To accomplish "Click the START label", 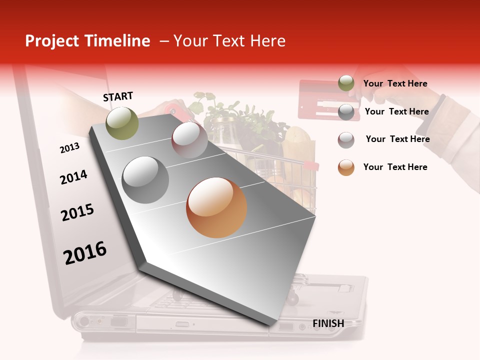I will click(118, 96).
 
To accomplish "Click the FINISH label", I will click(328, 323).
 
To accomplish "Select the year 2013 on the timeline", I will click(69, 147).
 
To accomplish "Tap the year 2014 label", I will click(73, 177).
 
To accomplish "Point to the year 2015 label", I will click(77, 212).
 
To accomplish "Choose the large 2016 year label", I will click(85, 252).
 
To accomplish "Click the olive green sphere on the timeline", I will click(122, 123).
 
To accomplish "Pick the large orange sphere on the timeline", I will click(216, 207).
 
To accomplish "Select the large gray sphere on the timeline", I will click(145, 179).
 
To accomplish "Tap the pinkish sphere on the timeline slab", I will click(189, 139).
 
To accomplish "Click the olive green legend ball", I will click(346, 83).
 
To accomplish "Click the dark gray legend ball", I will click(346, 111).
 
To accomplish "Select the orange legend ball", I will click(346, 167).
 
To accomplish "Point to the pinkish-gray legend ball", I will click(346, 139).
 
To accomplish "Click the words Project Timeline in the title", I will click(87, 41).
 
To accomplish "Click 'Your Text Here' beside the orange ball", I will click(395, 167).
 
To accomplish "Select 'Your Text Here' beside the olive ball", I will click(395, 83).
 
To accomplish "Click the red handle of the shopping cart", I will click(311, 164).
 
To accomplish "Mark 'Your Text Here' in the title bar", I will click(229, 41).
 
